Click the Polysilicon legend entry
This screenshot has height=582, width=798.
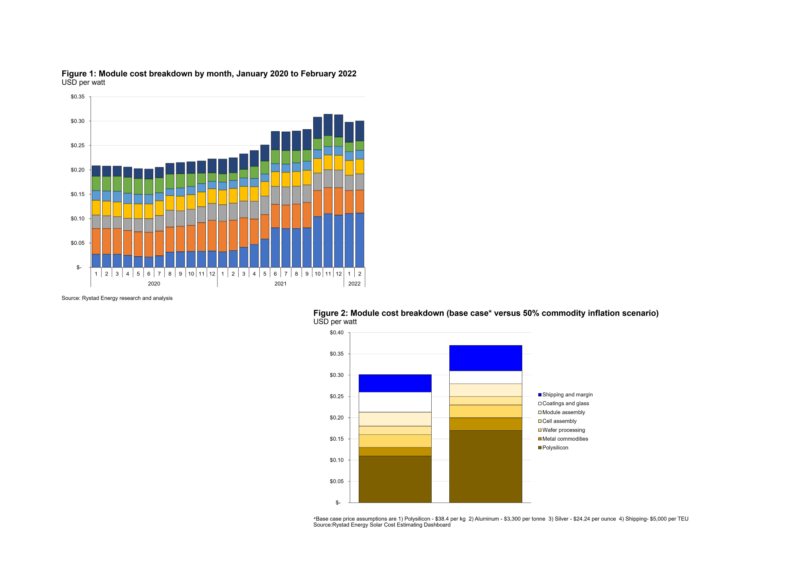[555, 447]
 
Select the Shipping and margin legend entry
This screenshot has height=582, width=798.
[567, 394]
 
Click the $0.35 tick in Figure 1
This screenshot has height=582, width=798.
[78, 97]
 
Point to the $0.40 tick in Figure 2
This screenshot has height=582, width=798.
[336, 333]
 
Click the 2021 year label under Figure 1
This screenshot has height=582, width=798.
[280, 283]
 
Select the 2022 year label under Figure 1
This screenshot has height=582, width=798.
[354, 283]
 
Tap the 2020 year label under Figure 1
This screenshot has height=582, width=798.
[154, 283]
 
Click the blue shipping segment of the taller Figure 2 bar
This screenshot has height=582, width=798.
[486, 358]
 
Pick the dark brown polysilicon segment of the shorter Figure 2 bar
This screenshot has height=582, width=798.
[395, 479]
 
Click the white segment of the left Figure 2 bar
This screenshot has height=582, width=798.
[395, 402]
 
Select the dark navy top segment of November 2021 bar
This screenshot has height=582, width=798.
[328, 125]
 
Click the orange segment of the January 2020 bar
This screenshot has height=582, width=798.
[96, 241]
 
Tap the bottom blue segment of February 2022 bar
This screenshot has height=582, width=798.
[359, 240]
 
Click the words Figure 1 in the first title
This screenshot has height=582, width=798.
[78, 73]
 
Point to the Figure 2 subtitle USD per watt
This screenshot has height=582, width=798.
[335, 322]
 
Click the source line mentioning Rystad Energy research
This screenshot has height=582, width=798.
[117, 298]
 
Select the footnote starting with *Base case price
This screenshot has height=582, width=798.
[501, 519]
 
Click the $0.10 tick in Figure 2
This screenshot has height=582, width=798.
[336, 460]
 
